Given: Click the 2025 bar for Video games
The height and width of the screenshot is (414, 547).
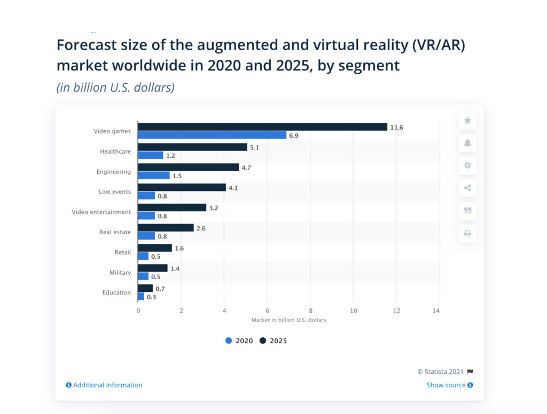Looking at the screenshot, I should tap(262, 127).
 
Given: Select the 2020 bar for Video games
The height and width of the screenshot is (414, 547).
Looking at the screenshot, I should tap(212, 136).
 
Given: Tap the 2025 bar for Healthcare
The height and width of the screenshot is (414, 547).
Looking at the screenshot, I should tap(192, 147).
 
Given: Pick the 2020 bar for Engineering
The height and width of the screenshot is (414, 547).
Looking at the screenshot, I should tap(154, 176).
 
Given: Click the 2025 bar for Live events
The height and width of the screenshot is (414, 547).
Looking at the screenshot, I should tap(182, 188).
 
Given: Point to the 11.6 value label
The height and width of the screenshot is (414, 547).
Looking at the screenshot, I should tap(396, 127).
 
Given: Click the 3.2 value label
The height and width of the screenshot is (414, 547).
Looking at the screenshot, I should tap(214, 208).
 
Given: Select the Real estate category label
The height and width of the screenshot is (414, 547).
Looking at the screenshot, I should tap(115, 232).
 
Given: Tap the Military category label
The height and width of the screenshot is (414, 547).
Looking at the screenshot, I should tap(120, 273).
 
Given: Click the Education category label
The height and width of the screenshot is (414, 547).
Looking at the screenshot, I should tap(116, 292).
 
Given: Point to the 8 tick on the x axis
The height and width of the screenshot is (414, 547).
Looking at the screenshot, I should tap(310, 310).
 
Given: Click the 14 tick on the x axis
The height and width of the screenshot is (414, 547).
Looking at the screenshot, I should tap(440, 310).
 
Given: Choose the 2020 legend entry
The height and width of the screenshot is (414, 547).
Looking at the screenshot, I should tap(239, 341).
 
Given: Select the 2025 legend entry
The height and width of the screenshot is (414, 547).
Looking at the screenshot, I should tap(273, 341).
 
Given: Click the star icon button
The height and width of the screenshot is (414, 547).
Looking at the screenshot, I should tap(467, 121).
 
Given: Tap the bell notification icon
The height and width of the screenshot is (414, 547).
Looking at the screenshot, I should tap(467, 143).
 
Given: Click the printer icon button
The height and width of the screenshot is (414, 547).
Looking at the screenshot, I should tap(467, 233).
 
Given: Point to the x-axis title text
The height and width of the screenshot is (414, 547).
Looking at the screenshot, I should tap(288, 320).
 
